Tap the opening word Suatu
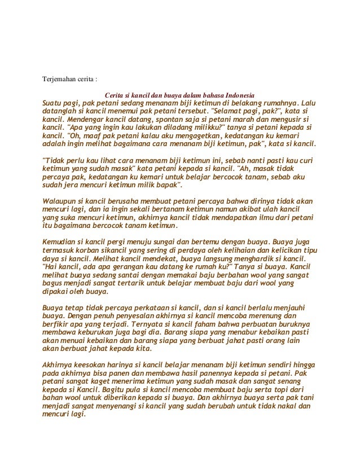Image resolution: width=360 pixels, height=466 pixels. (x=54, y=104)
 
